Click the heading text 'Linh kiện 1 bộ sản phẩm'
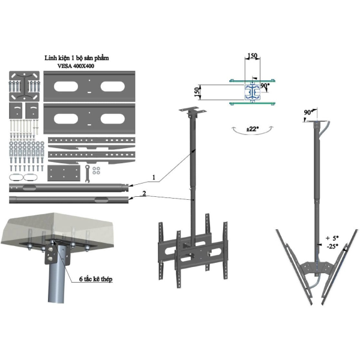77,58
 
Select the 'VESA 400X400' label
76,66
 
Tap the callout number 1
154,177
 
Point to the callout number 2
144,194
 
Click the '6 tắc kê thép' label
96,279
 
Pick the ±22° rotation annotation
253,129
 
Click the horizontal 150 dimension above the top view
252,56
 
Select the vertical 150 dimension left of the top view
197,92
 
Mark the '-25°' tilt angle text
332,247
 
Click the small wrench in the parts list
87,173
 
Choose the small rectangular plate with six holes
64,173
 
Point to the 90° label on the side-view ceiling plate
308,112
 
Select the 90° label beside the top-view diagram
265,86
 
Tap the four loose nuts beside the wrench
96,170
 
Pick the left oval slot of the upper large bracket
66,86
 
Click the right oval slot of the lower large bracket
113,119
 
